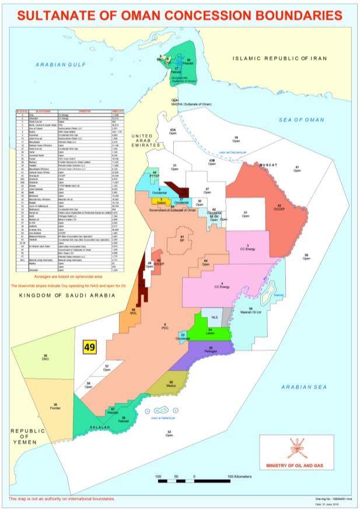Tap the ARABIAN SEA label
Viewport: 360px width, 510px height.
[x=300, y=386]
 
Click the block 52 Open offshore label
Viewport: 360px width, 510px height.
[x=170, y=433]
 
